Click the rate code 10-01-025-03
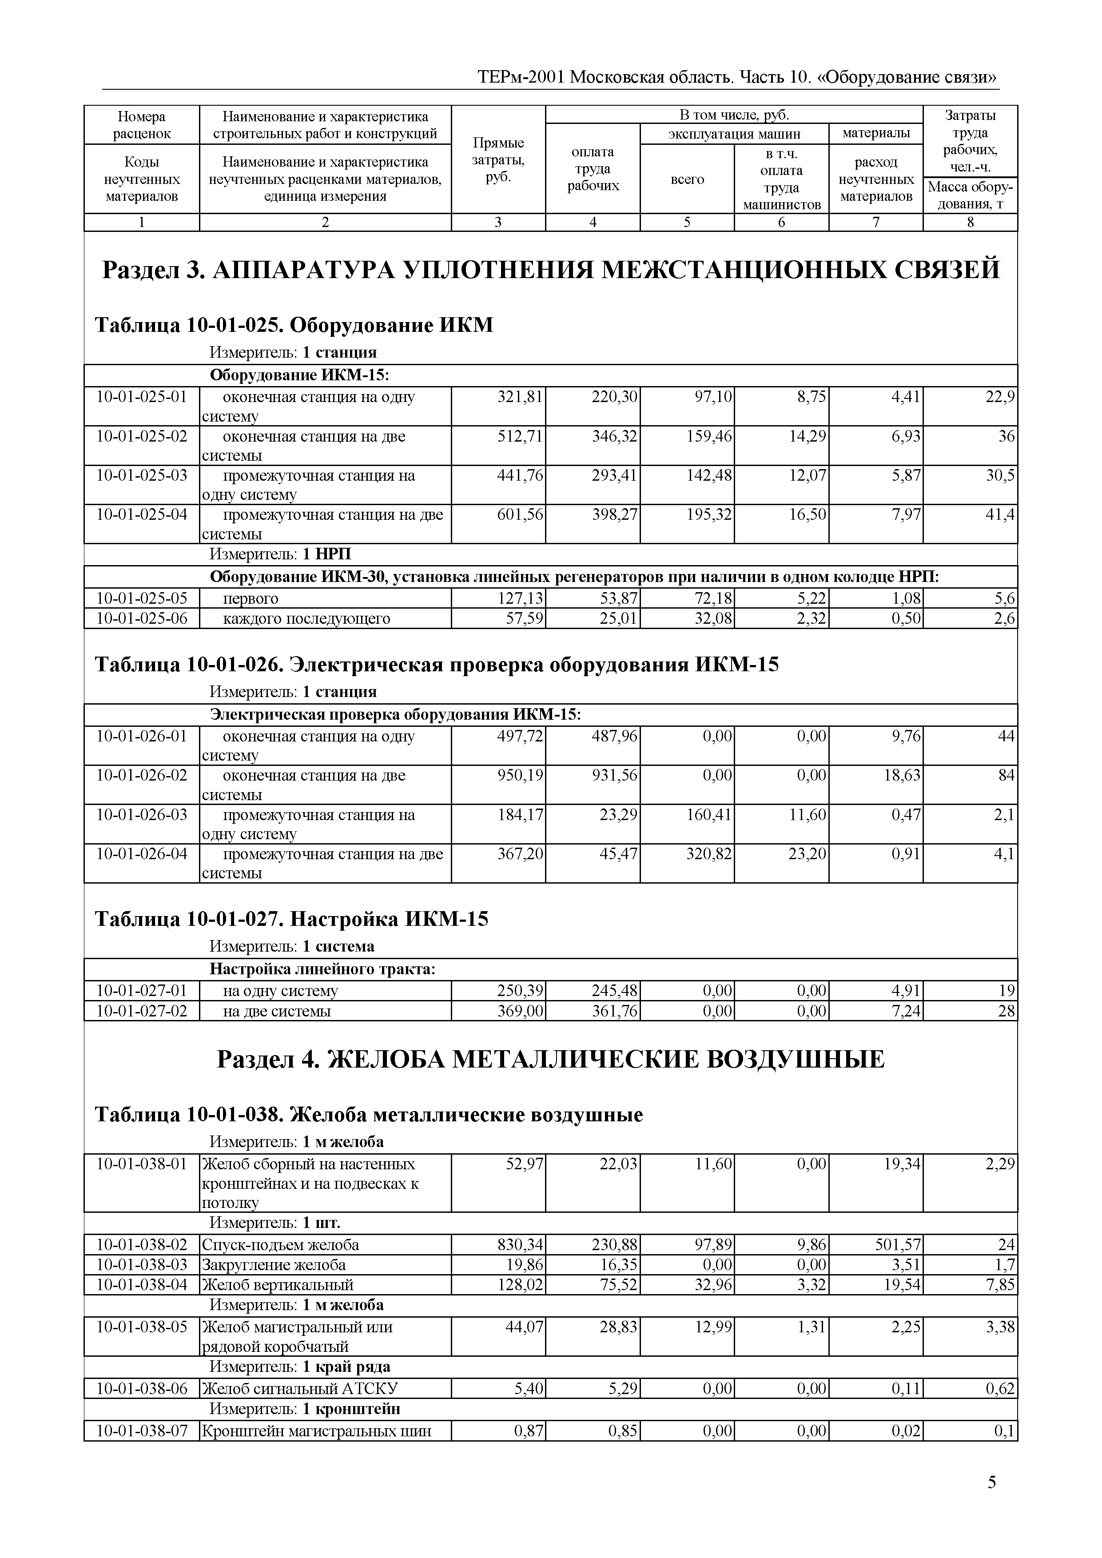(142, 475)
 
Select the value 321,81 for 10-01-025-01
(521, 397)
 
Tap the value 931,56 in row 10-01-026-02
(615, 775)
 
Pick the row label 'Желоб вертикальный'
(278, 1284)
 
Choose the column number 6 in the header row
(781, 222)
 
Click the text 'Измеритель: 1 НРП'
(280, 554)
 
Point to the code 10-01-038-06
(142, 1388)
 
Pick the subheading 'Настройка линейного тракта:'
(322, 969)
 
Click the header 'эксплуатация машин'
(734, 134)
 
